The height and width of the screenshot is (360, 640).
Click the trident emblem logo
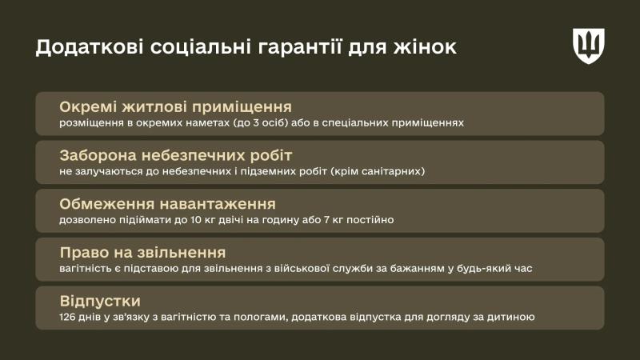[x=588, y=46]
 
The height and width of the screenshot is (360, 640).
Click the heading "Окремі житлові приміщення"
[x=175, y=106]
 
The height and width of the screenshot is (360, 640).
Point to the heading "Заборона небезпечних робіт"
[x=176, y=155]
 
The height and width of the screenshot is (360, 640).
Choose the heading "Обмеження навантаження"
[x=167, y=204]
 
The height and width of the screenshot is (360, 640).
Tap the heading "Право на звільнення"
[x=142, y=252]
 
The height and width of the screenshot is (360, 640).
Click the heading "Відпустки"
[x=100, y=301]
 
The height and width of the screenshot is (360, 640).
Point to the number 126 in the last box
[x=69, y=318]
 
